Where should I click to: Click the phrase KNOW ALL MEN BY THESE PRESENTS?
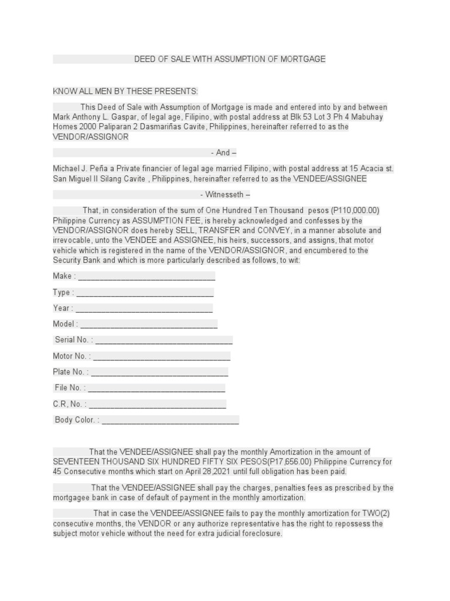click(x=126, y=92)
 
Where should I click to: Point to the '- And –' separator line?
click(x=223, y=153)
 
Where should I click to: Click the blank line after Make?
click(x=146, y=276)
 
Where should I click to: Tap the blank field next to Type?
click(x=145, y=293)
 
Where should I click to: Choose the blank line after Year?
click(x=144, y=309)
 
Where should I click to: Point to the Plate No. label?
click(x=70, y=372)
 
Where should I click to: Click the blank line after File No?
click(x=156, y=388)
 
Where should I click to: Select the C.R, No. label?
click(x=70, y=404)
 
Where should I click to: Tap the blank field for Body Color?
click(x=171, y=420)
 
